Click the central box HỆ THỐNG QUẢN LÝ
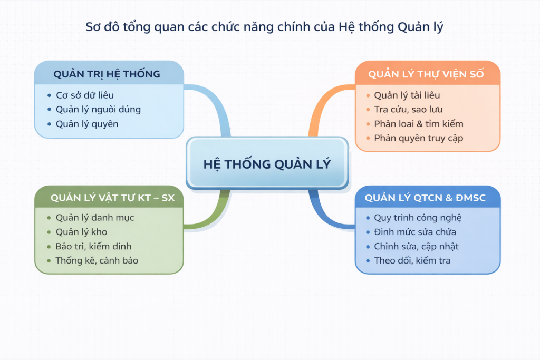[x=267, y=163]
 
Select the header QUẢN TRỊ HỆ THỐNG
[x=107, y=74]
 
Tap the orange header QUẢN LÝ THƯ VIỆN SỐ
[x=426, y=74]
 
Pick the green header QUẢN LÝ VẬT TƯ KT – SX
[x=113, y=198]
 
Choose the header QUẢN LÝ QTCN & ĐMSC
[x=426, y=198]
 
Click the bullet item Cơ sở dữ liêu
[x=85, y=95]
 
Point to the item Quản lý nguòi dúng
[x=98, y=110]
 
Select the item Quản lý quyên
[x=87, y=124]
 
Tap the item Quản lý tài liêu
[x=407, y=95]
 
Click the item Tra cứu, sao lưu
[x=408, y=110]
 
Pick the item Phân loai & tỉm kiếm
[x=418, y=124]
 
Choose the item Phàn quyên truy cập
[x=418, y=138]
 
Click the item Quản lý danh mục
[x=95, y=218]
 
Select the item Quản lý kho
[x=81, y=232]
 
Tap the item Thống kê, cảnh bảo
[x=97, y=260]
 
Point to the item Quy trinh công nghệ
[x=418, y=218]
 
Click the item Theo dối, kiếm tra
[x=412, y=260]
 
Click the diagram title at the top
[x=264, y=27]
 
